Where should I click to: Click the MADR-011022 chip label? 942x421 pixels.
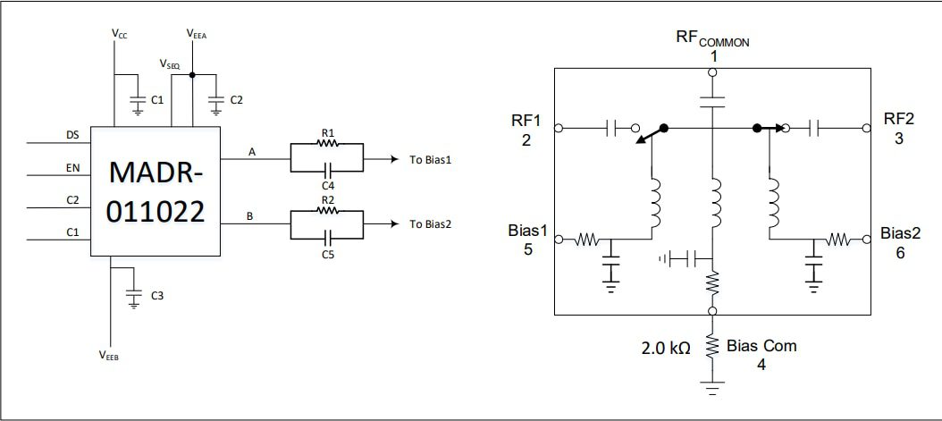(x=155, y=190)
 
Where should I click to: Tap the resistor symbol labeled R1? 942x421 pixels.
(x=327, y=149)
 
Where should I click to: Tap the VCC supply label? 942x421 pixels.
(x=119, y=33)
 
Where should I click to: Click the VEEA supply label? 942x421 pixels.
(x=197, y=33)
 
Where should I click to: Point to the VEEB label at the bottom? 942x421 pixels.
(x=109, y=355)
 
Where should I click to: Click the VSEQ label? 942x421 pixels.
(x=170, y=64)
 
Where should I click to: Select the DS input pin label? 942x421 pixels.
(x=72, y=135)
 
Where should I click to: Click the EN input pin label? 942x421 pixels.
(x=72, y=167)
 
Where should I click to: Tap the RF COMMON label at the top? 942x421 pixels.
(x=712, y=39)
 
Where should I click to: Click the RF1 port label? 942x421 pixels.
(x=526, y=120)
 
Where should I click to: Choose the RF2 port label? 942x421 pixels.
(x=898, y=120)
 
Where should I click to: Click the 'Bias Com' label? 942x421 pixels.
(x=761, y=345)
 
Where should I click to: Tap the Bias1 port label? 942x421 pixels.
(x=528, y=232)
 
